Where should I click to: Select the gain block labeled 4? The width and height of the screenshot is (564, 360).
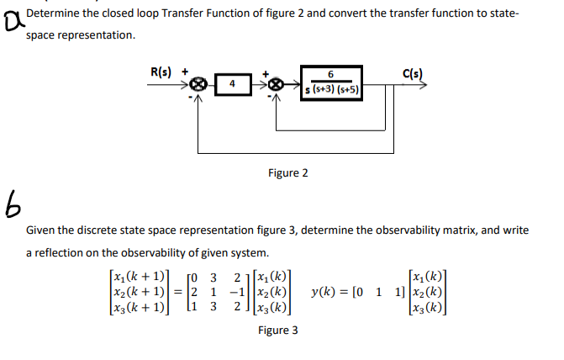tap(232, 85)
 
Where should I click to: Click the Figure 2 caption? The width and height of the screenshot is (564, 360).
tap(287, 173)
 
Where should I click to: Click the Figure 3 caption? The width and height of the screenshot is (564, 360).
tap(277, 331)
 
